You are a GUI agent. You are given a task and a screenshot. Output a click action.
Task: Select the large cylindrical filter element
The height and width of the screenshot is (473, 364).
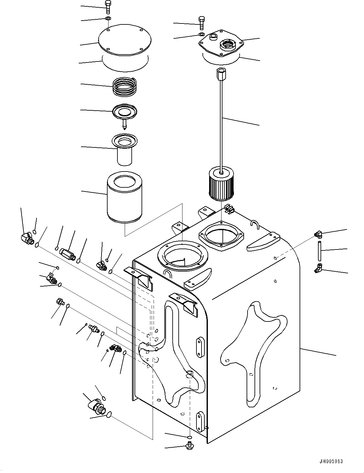pos(124,197)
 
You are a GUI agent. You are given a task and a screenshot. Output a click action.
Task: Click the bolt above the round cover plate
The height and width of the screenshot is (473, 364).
pos(108,7)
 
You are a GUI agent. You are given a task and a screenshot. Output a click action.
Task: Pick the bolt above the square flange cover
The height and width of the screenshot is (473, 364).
pos(202,23)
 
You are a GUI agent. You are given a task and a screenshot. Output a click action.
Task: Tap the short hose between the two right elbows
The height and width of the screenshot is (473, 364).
pos(319,251)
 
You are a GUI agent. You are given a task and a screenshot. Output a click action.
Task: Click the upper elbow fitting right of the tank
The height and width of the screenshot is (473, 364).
pos(319,234)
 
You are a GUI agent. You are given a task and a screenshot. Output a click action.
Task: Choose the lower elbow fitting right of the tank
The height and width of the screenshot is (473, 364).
pos(319,268)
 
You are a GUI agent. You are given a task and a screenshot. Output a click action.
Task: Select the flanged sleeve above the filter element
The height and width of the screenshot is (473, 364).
pos(124,149)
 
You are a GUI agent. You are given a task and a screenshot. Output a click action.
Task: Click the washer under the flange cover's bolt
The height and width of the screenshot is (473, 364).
pos(202,34)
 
